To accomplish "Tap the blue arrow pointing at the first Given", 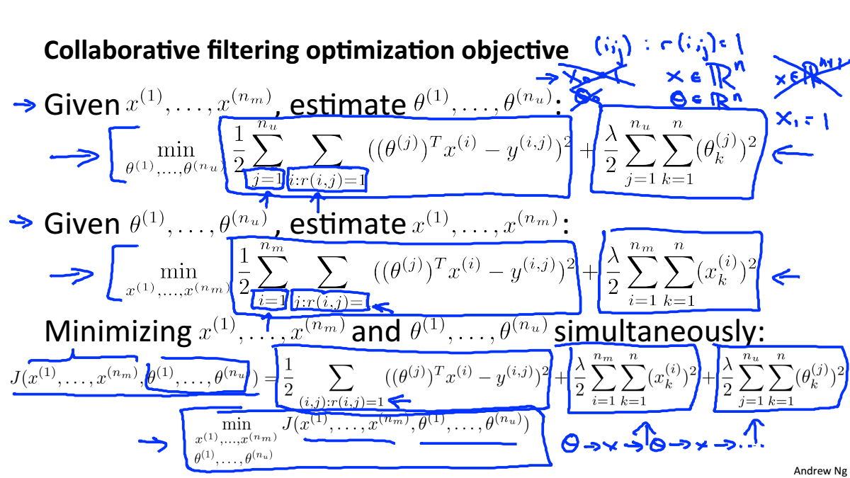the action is (24, 105).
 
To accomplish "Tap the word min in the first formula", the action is (176, 149).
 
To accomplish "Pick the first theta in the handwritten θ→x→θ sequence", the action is (570, 444).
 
